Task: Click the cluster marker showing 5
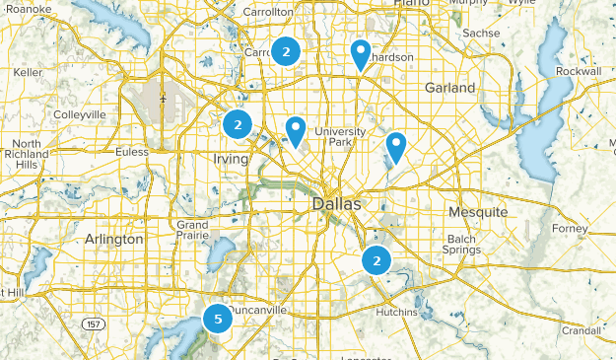[218, 319]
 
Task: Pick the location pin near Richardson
[361, 54]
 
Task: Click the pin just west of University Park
[295, 129]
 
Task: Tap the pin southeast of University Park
[395, 146]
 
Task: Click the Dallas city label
[336, 204]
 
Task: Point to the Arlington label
[113, 240]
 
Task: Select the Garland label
[450, 88]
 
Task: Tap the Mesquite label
[477, 212]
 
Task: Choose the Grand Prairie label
[191, 231]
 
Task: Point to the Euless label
[132, 152]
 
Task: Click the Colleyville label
[80, 114]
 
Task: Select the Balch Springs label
[467, 244]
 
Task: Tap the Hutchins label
[396, 312]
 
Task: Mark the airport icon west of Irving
[162, 99]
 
